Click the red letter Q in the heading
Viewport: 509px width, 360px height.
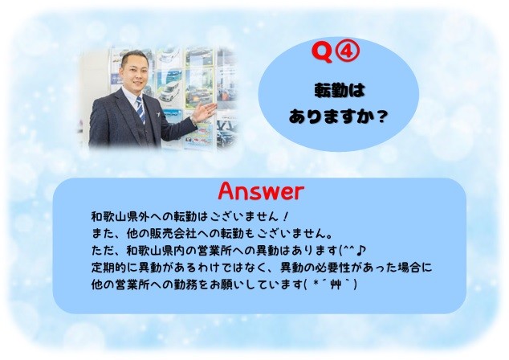click(x=322, y=52)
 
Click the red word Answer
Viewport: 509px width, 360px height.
click(x=261, y=191)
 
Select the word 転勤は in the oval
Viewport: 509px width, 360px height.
click(x=340, y=90)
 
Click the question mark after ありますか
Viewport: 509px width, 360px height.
click(x=383, y=116)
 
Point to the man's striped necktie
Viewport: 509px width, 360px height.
click(x=140, y=110)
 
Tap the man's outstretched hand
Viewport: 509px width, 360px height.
click(x=204, y=112)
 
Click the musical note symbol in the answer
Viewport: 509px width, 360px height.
click(x=361, y=250)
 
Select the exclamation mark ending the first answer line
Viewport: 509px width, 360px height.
click(x=285, y=216)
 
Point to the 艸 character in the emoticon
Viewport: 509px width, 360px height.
click(x=334, y=285)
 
